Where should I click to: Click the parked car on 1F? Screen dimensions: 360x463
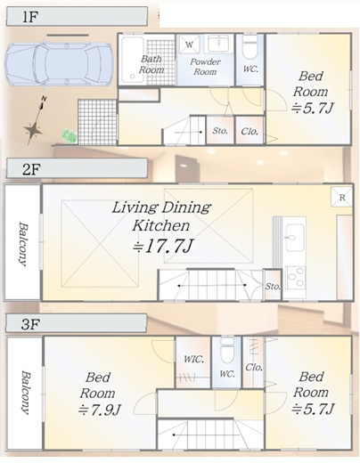tap(60, 64)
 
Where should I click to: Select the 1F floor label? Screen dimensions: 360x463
tap(29, 17)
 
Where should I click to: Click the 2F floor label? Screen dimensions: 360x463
tap(30, 169)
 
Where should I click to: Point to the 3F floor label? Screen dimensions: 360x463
tap(30, 324)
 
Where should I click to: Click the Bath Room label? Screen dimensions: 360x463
tap(151, 64)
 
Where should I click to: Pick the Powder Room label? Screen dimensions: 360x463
tap(205, 67)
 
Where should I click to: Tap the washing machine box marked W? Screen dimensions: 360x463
tap(189, 45)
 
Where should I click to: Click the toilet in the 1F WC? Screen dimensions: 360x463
tap(250, 47)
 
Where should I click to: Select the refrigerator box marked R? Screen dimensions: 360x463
tap(342, 197)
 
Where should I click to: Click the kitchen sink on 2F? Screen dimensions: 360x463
tap(295, 237)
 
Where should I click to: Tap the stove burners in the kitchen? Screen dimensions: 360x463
tap(295, 278)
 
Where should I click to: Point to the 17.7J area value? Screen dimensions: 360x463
tap(163, 247)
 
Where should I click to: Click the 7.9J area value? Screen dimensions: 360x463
tap(99, 410)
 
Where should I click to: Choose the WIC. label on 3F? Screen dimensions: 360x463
tap(193, 359)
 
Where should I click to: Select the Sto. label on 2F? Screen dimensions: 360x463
tap(273, 287)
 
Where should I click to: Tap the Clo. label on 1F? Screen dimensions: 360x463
tap(250, 131)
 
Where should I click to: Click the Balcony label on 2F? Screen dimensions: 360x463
tap(22, 244)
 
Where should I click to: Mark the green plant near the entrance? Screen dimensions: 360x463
tap(70, 137)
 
